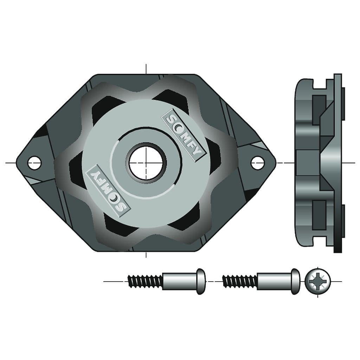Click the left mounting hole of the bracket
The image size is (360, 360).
click(x=34, y=162)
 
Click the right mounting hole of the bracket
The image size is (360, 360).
click(x=257, y=162)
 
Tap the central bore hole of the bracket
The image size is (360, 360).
click(x=146, y=163)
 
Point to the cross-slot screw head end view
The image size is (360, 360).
click(x=318, y=281)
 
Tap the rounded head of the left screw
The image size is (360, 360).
click(x=201, y=281)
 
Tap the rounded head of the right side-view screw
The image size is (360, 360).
click(x=296, y=281)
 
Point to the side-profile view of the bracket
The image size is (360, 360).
click(x=318, y=162)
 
